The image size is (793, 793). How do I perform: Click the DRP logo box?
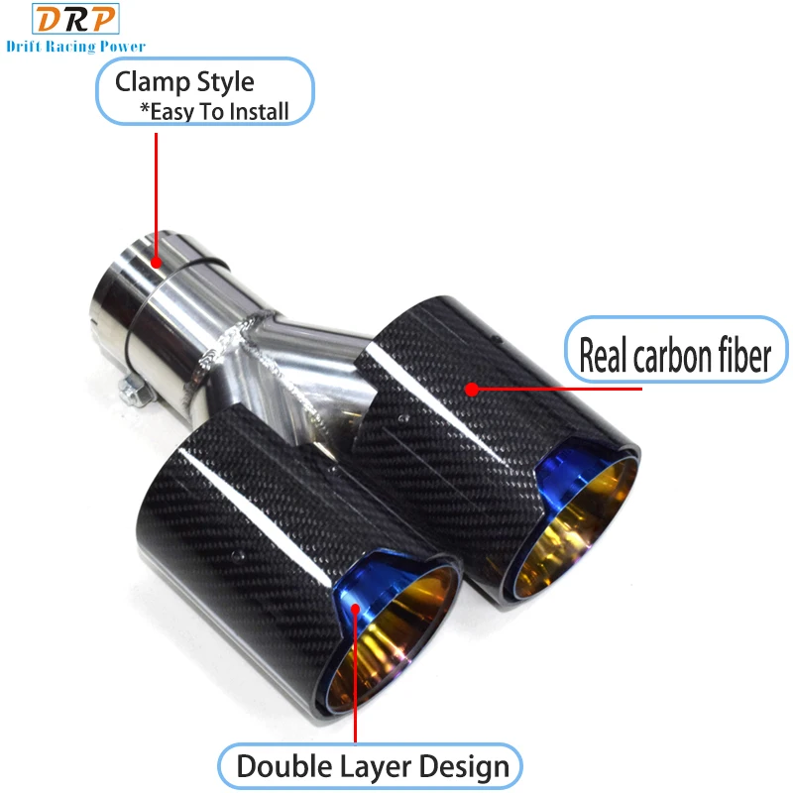76,19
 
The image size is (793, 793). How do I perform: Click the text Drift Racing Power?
76,47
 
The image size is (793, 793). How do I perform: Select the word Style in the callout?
225,82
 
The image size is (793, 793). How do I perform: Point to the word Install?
258,111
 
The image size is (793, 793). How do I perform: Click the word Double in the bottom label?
284,765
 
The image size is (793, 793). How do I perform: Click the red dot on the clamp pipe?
157,263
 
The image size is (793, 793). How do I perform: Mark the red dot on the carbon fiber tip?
472,389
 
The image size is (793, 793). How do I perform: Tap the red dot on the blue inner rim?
356,609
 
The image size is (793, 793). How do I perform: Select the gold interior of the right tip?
577,526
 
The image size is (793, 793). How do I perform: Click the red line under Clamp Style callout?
157,195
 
